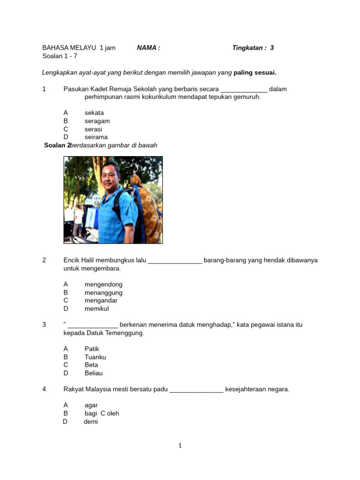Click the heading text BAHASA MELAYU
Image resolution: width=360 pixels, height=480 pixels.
click(69, 48)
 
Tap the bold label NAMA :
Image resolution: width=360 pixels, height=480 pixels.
click(148, 48)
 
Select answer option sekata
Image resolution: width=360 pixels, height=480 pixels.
click(94, 113)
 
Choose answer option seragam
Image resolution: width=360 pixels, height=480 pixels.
click(97, 121)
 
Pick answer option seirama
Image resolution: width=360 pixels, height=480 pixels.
click(96, 137)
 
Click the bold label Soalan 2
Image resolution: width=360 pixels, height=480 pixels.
click(57, 145)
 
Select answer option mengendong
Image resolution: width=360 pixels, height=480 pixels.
click(103, 285)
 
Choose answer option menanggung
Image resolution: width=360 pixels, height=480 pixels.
click(103, 293)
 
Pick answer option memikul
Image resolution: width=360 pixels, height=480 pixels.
click(97, 309)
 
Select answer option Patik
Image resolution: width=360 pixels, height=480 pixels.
click(92, 349)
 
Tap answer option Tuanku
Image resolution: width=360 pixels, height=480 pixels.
click(95, 357)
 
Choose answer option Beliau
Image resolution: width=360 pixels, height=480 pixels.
click(93, 373)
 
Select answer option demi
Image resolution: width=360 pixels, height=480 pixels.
click(91, 422)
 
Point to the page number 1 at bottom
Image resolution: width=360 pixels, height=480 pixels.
click(180, 446)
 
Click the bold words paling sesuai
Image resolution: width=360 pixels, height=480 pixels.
click(255, 73)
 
